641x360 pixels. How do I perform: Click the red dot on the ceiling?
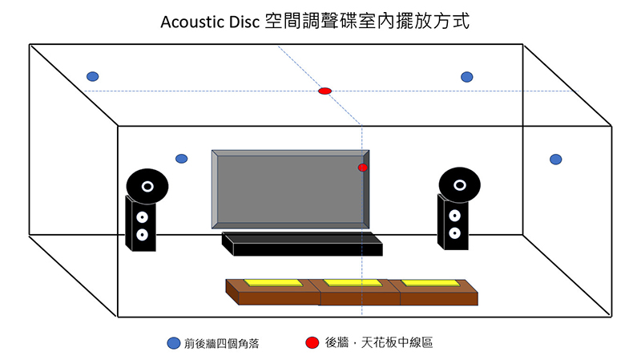tap(325, 91)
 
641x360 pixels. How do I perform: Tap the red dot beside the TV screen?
tap(363, 168)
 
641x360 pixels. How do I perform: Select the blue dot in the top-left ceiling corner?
tap(93, 77)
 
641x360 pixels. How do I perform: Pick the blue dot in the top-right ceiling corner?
tap(467, 77)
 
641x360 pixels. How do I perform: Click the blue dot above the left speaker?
tap(182, 159)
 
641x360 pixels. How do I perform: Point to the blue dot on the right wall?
tap(555, 159)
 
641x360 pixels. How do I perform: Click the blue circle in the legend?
tap(173, 343)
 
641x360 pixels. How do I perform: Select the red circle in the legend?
tap(311, 343)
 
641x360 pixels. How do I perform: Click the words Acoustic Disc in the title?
tap(211, 22)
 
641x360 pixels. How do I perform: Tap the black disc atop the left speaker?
tap(147, 186)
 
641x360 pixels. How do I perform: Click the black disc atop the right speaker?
tap(459, 184)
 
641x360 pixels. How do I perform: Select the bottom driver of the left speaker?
tap(142, 235)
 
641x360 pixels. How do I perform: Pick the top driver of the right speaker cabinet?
tap(454, 216)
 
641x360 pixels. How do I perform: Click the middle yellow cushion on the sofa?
tap(353, 283)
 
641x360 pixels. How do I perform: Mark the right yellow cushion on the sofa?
tap(430, 283)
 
